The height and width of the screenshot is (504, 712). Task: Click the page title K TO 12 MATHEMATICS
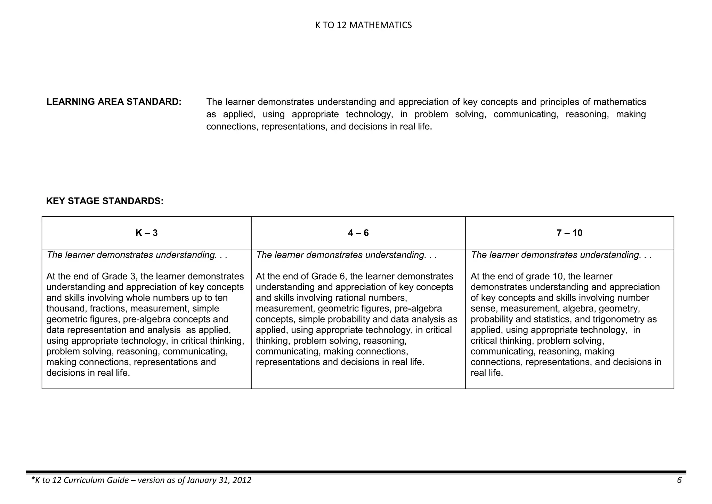point(363,25)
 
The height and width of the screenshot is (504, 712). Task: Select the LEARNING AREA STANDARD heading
point(114,102)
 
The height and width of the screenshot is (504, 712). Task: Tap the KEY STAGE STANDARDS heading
point(105,201)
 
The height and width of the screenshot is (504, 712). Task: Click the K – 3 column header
point(146,233)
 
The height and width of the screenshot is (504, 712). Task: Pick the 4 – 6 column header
point(358,233)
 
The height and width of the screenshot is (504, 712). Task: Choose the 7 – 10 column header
point(569,233)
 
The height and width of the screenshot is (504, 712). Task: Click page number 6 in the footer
point(679,480)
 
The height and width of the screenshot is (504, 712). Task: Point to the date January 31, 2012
point(219,480)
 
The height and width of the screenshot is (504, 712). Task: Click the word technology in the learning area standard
point(369,114)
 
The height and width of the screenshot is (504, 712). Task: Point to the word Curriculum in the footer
point(83,480)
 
